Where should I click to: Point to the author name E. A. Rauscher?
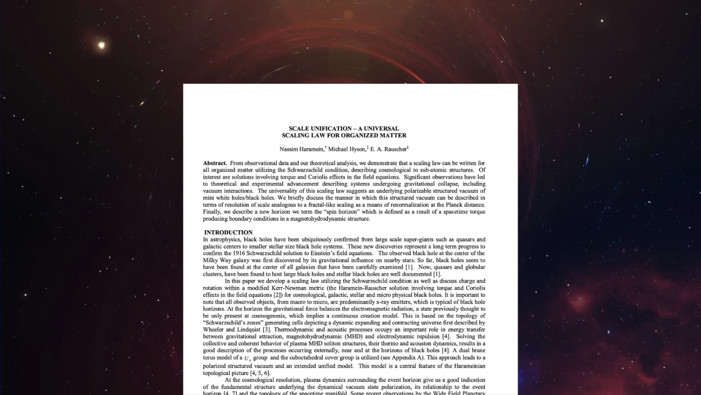click(388, 149)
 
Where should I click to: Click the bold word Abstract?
click(214, 163)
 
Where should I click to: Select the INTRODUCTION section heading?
click(228, 232)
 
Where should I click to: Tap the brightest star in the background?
click(101, 45)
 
